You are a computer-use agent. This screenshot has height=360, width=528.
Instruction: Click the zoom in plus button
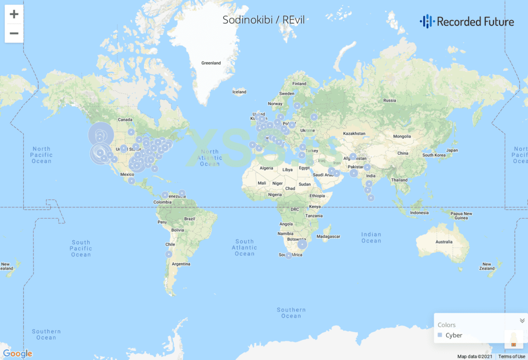point(14,14)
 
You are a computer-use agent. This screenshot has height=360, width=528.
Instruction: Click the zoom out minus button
point(14,34)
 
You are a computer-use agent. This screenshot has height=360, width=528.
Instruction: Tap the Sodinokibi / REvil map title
point(263,20)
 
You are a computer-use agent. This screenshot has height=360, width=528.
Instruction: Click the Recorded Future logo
point(467,21)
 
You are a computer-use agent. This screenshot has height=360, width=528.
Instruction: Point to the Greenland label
point(211,63)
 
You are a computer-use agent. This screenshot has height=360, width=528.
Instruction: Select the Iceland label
point(239,92)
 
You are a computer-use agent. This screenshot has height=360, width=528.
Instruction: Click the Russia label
point(389,100)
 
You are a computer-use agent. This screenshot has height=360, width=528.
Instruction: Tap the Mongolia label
point(402,137)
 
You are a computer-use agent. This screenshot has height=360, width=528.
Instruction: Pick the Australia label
point(443,241)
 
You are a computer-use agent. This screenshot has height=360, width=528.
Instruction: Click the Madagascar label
point(328,236)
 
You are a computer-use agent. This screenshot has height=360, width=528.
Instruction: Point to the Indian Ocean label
point(371,238)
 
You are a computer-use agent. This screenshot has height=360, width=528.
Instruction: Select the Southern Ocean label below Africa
point(291,313)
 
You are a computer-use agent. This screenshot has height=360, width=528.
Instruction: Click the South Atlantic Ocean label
point(244,248)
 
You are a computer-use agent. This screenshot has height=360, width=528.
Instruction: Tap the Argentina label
point(181,264)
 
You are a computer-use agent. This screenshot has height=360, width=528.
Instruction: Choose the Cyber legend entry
point(454,335)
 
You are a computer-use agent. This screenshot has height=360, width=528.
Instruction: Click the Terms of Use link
point(511,356)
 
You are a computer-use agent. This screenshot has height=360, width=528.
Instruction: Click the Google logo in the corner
point(18,354)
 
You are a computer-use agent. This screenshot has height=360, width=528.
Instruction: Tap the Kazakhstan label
point(354,133)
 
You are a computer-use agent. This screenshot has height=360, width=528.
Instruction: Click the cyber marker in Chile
point(169,254)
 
